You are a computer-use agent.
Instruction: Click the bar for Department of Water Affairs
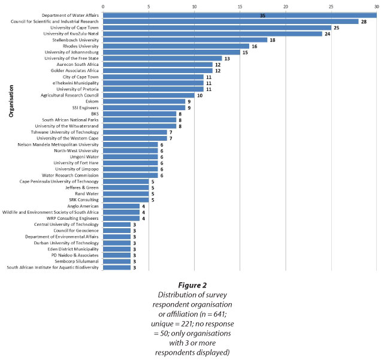point(240,15)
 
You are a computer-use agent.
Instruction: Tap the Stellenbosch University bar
point(185,40)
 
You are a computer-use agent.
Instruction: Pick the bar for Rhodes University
point(176,46)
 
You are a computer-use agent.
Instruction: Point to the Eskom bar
point(144,102)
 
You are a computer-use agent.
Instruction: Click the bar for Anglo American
point(122,205)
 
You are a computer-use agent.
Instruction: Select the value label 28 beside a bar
point(363,22)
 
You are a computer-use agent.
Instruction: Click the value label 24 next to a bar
point(327,34)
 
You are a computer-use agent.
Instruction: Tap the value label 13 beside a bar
point(227,59)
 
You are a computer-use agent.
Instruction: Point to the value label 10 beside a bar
point(199,96)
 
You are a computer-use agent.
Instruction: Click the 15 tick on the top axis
point(240,7)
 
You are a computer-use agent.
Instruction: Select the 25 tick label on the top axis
point(331,7)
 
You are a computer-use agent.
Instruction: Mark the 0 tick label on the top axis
point(104,7)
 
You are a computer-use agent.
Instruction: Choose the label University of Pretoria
point(74,89)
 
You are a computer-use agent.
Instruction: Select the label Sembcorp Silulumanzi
point(75,261)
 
